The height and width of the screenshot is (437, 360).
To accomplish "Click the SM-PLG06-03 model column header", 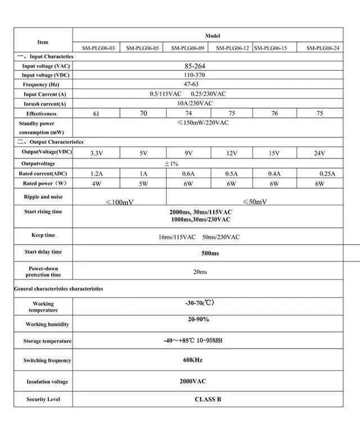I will tap(98, 48).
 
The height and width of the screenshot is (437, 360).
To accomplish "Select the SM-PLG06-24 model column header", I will tap(323, 48).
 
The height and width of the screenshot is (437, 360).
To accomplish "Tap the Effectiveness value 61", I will tap(96, 114).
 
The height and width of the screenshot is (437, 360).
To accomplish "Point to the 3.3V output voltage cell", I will tap(96, 153).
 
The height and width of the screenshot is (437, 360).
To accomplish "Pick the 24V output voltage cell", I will tap(319, 153).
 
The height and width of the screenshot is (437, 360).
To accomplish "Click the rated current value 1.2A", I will tap(96, 174).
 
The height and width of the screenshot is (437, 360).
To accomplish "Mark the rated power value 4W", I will tap(96, 184).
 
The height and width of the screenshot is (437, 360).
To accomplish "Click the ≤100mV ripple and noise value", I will tap(119, 201).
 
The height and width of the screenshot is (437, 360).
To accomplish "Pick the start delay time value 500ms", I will tap(210, 253).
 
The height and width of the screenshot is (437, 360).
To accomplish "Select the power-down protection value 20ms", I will tap(200, 272).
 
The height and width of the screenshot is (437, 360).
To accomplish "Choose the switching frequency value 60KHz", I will tap(192, 359).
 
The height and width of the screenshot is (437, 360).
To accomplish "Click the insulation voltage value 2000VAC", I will tap(192, 381).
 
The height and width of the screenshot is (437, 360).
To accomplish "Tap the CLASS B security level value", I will tap(208, 399).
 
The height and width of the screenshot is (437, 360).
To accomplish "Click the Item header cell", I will tap(43, 42).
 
